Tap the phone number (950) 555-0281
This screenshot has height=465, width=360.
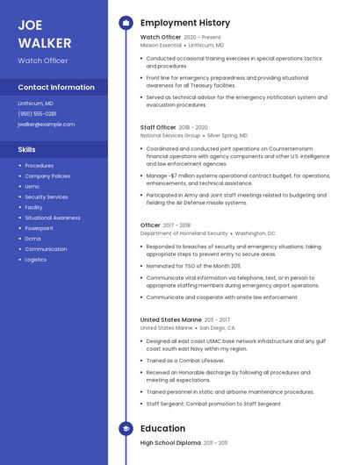(x=37, y=113)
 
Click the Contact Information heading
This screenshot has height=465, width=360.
(x=56, y=88)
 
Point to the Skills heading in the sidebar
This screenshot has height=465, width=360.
(x=27, y=149)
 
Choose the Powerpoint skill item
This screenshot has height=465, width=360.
(x=39, y=228)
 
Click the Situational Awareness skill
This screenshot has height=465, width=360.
(x=53, y=218)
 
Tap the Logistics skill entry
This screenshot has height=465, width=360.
(x=36, y=260)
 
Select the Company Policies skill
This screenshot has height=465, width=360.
(x=47, y=176)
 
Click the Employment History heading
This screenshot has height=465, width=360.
(x=185, y=23)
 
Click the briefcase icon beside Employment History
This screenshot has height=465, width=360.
(x=126, y=23)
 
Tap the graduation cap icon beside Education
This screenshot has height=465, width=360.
(x=126, y=429)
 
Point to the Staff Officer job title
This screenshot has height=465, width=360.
(x=158, y=127)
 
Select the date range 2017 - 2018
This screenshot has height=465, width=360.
(x=177, y=225)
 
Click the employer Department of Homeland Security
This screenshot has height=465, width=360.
(x=184, y=234)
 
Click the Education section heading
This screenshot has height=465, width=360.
(x=162, y=429)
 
